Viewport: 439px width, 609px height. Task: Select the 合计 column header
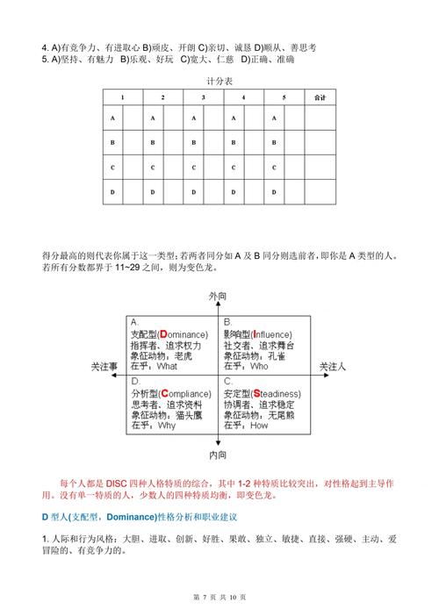click(320, 97)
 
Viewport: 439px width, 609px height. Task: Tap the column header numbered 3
click(202, 97)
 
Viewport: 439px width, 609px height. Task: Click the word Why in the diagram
click(167, 425)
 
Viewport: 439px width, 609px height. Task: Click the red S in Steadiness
click(255, 392)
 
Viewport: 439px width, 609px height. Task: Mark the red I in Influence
click(254, 334)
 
